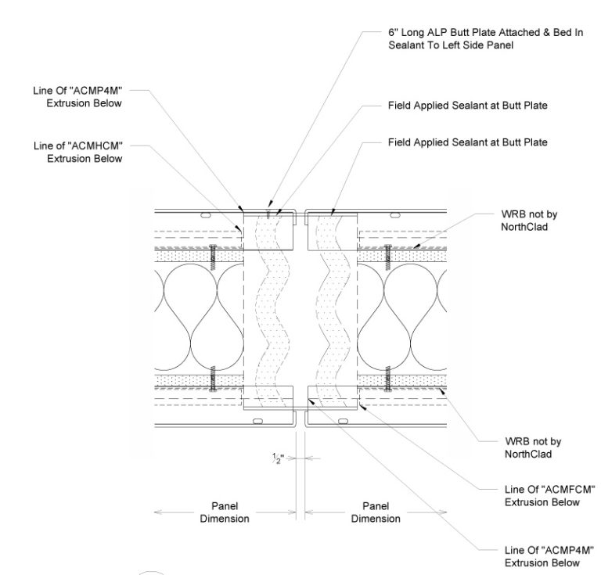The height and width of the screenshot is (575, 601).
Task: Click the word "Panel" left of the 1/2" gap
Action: [225, 506]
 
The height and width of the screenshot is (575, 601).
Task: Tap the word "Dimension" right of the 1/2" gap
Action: [376, 519]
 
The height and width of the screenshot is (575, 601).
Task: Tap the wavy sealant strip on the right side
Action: [329, 305]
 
